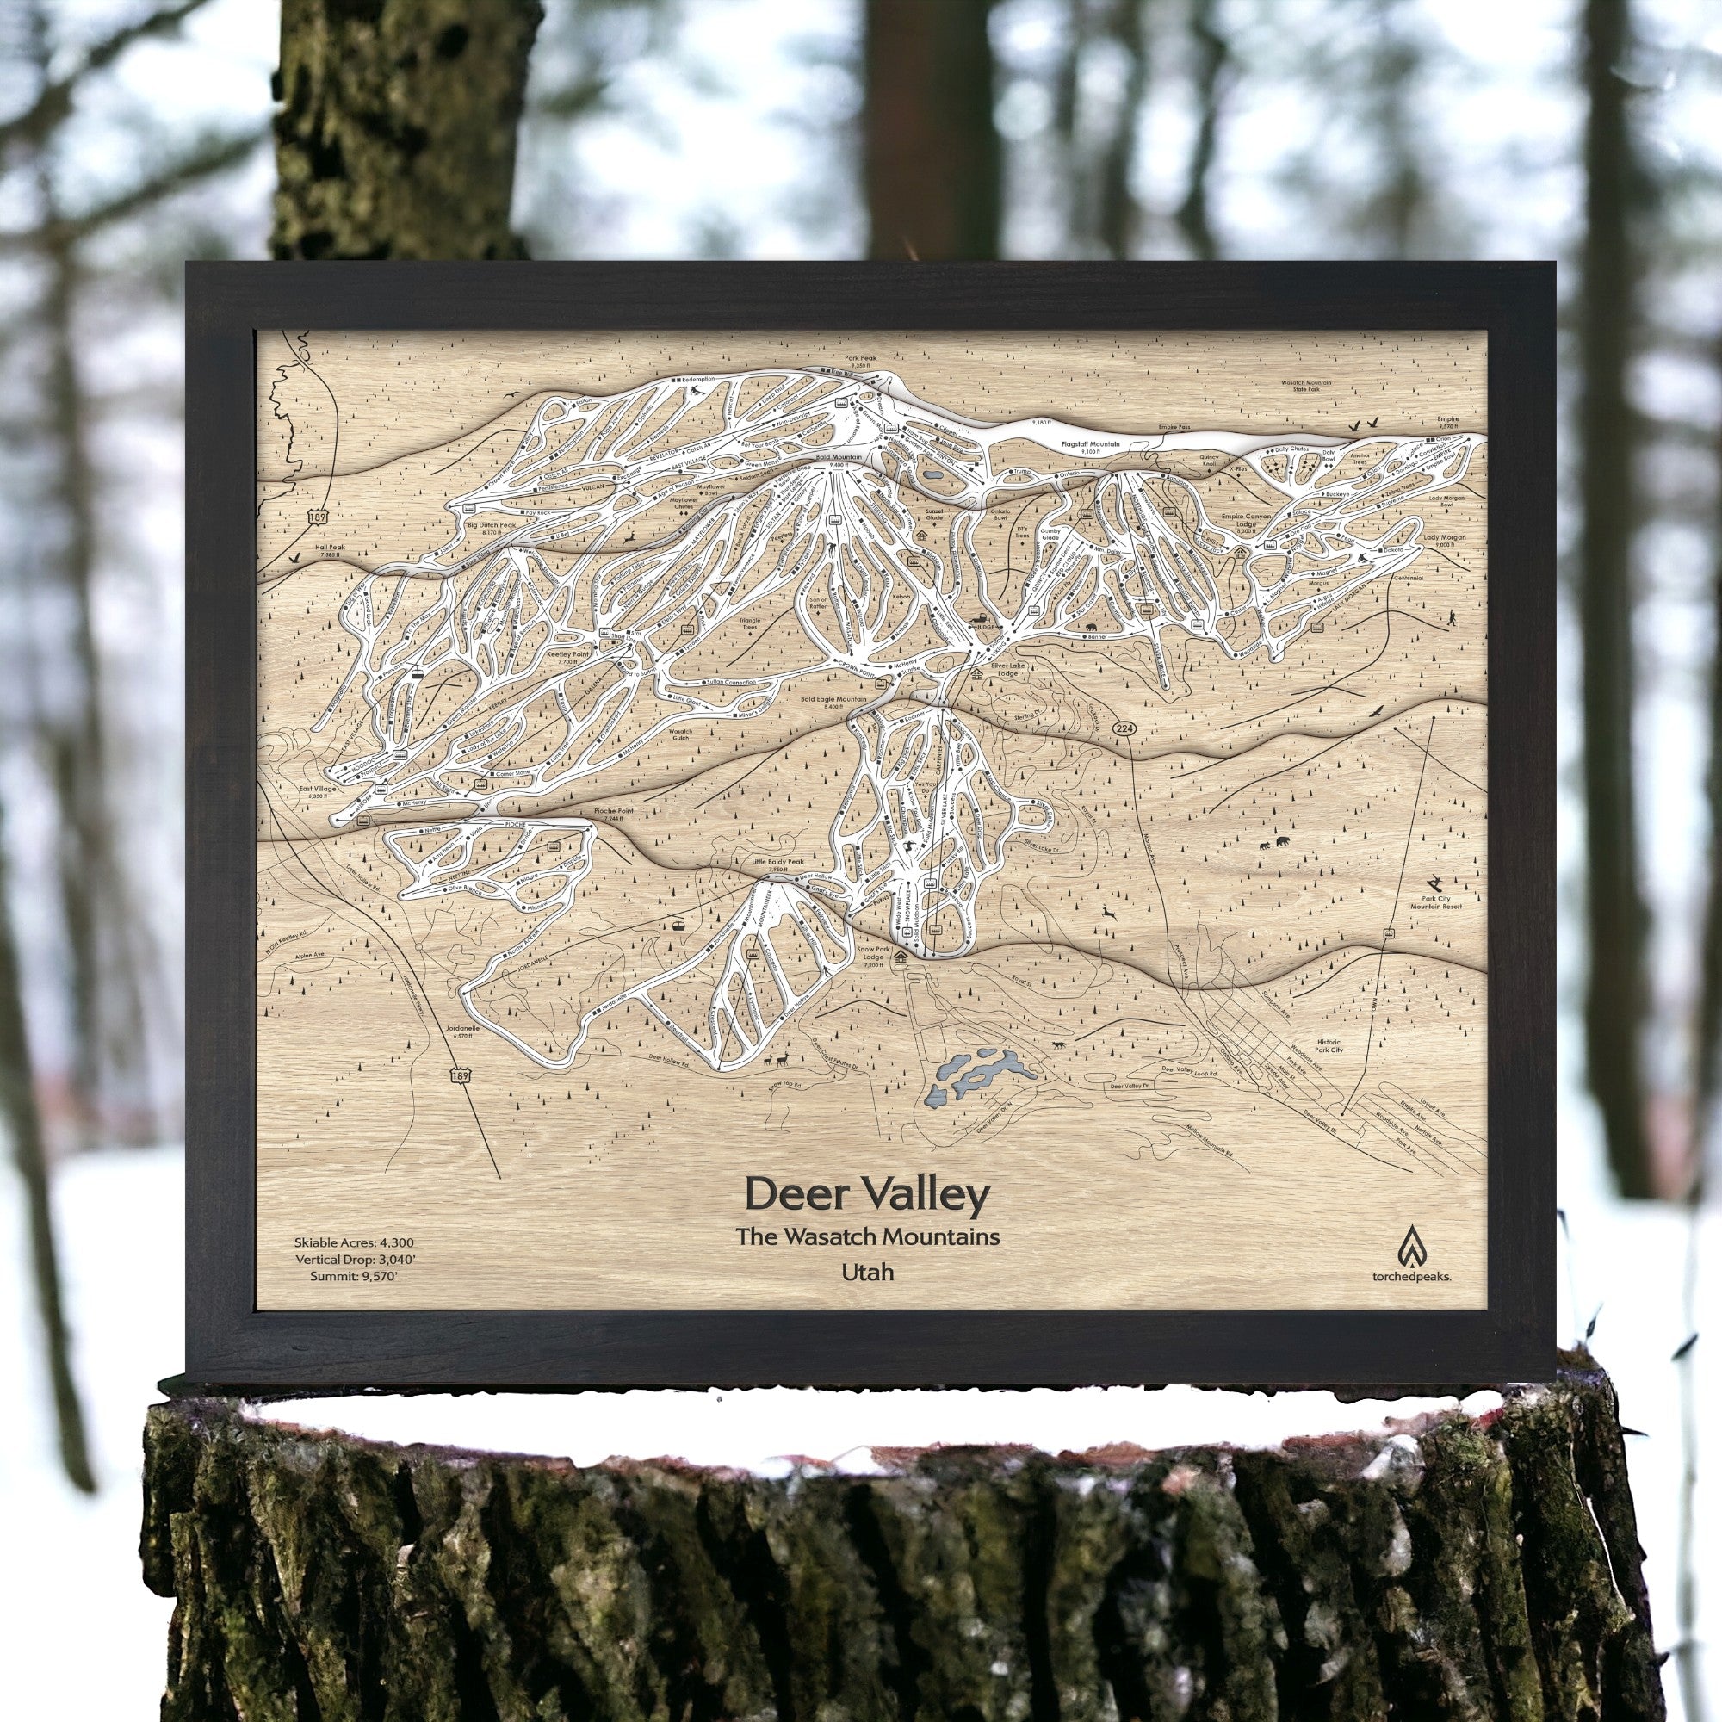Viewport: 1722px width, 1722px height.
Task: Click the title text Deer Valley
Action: coord(867,1196)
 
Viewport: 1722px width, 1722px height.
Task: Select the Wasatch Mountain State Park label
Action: coord(1307,386)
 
